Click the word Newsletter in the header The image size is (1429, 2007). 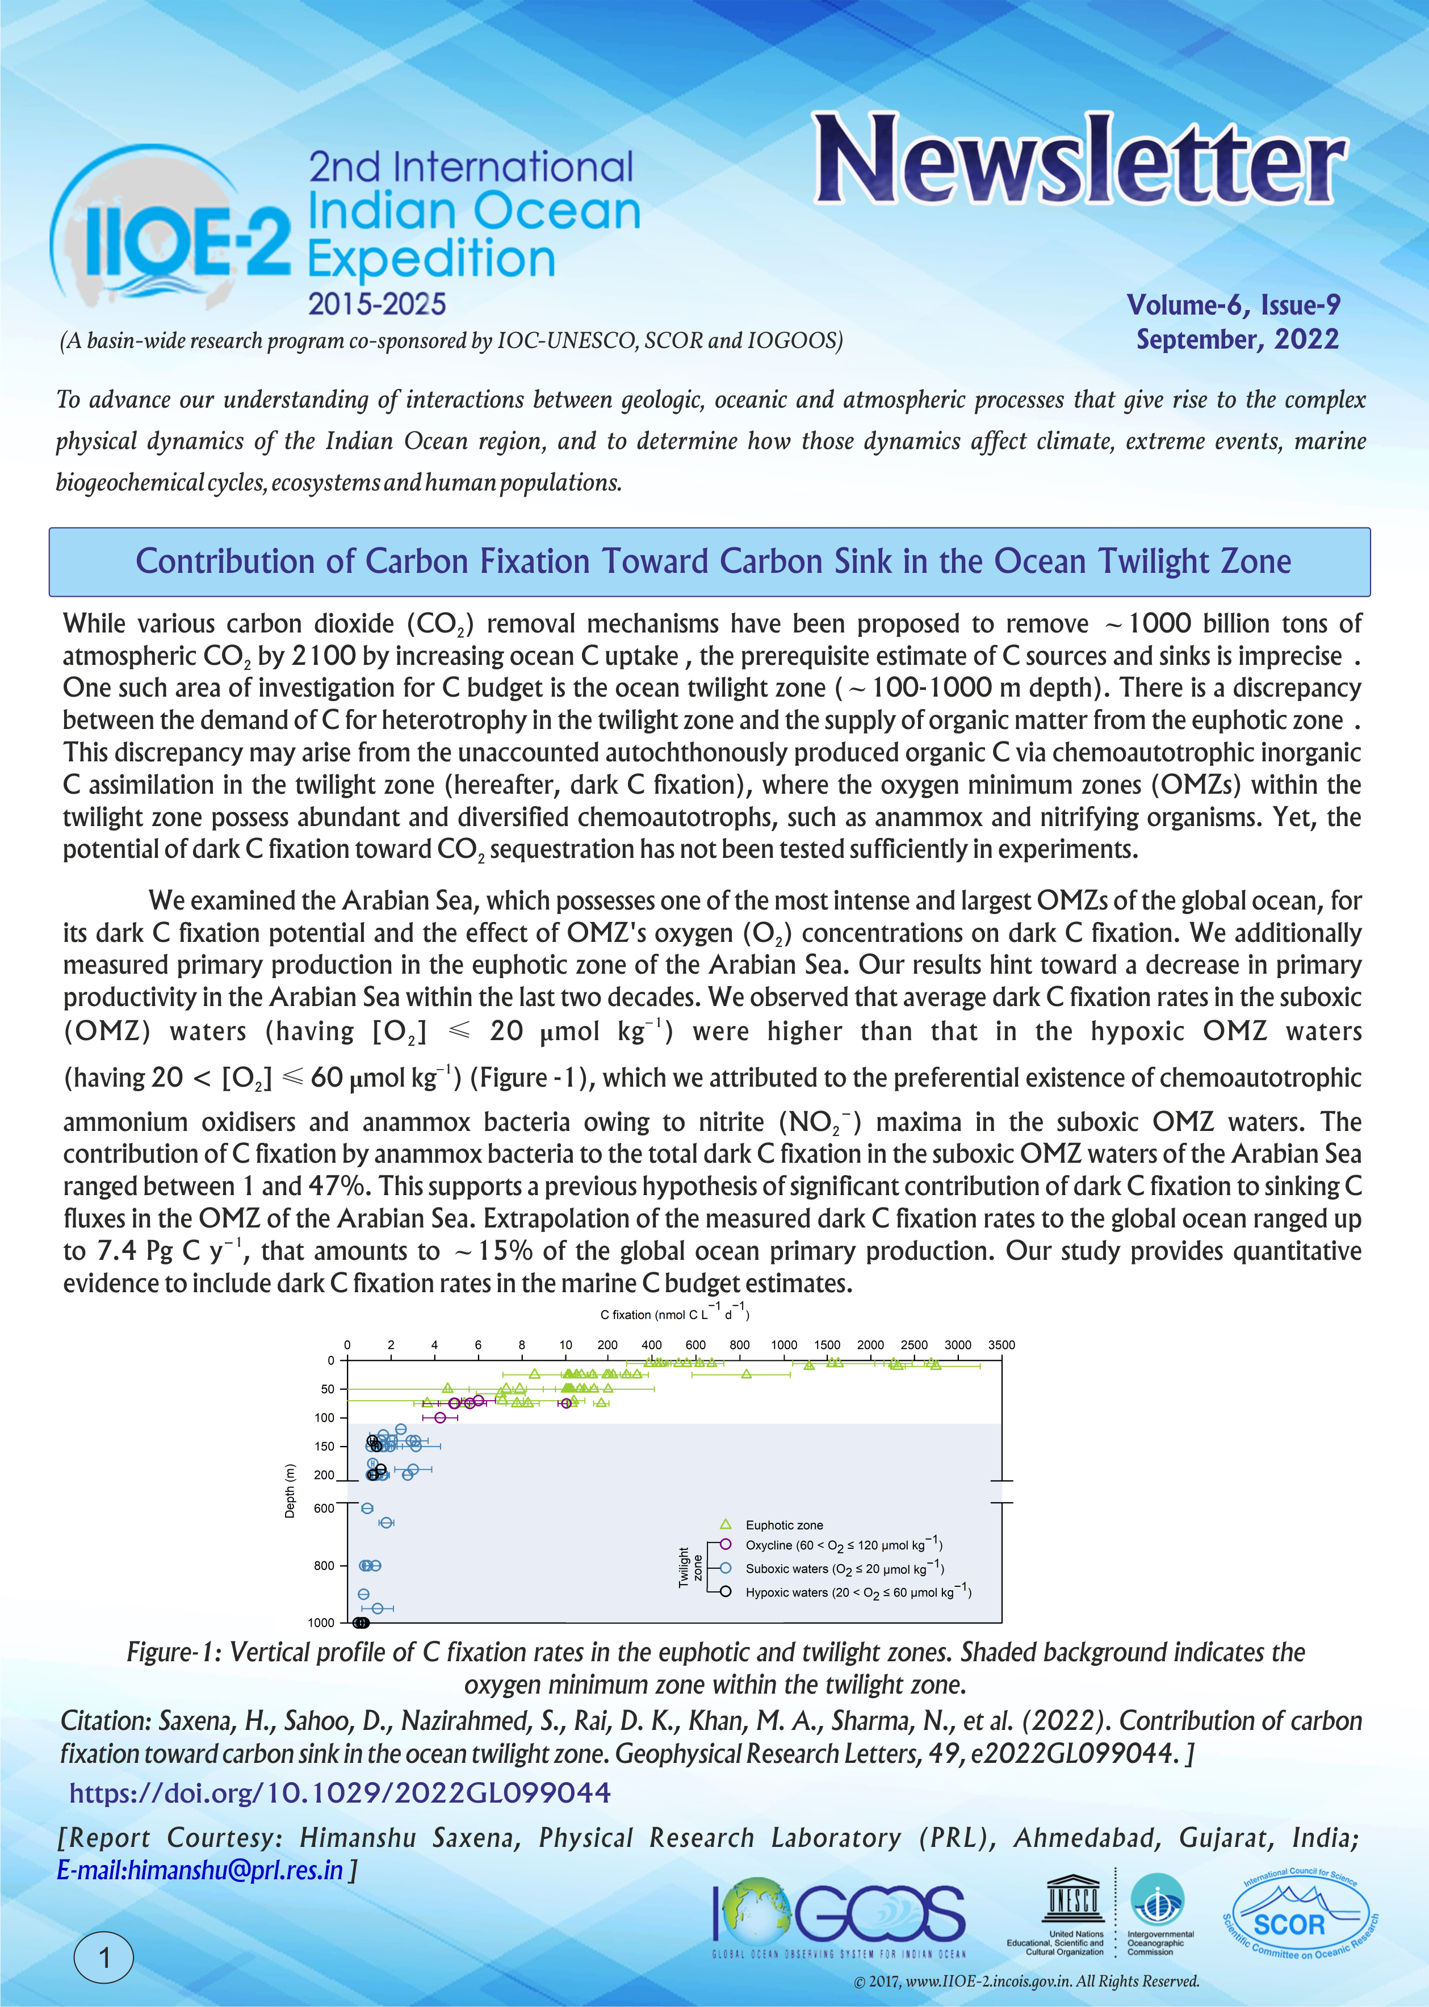(x=1079, y=160)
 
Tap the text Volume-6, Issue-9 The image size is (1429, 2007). (x=1234, y=304)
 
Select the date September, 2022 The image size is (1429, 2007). (x=1237, y=339)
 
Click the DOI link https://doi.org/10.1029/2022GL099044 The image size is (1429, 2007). (x=340, y=1792)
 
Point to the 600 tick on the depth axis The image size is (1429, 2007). (x=325, y=1508)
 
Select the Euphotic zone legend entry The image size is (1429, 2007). (x=783, y=1525)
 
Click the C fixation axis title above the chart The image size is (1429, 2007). (x=674, y=1314)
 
